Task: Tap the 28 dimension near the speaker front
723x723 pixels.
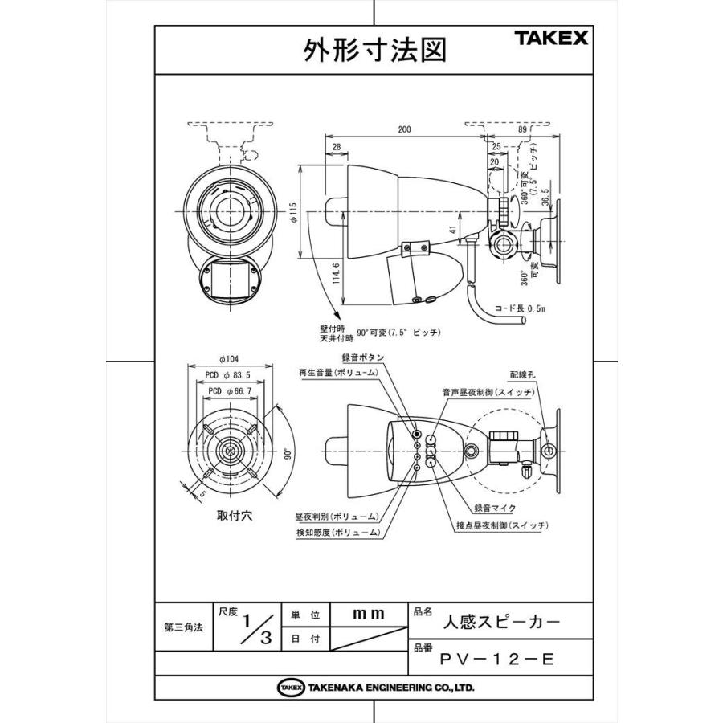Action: pyautogui.click(x=336, y=147)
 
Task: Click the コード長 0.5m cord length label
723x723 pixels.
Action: pyautogui.click(x=520, y=308)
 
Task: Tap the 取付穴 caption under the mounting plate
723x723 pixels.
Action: pyautogui.click(x=235, y=516)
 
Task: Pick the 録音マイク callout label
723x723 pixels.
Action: pyautogui.click(x=495, y=509)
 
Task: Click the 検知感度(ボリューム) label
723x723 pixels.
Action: pyautogui.click(x=337, y=533)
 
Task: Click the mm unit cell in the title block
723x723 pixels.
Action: pyautogui.click(x=369, y=614)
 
